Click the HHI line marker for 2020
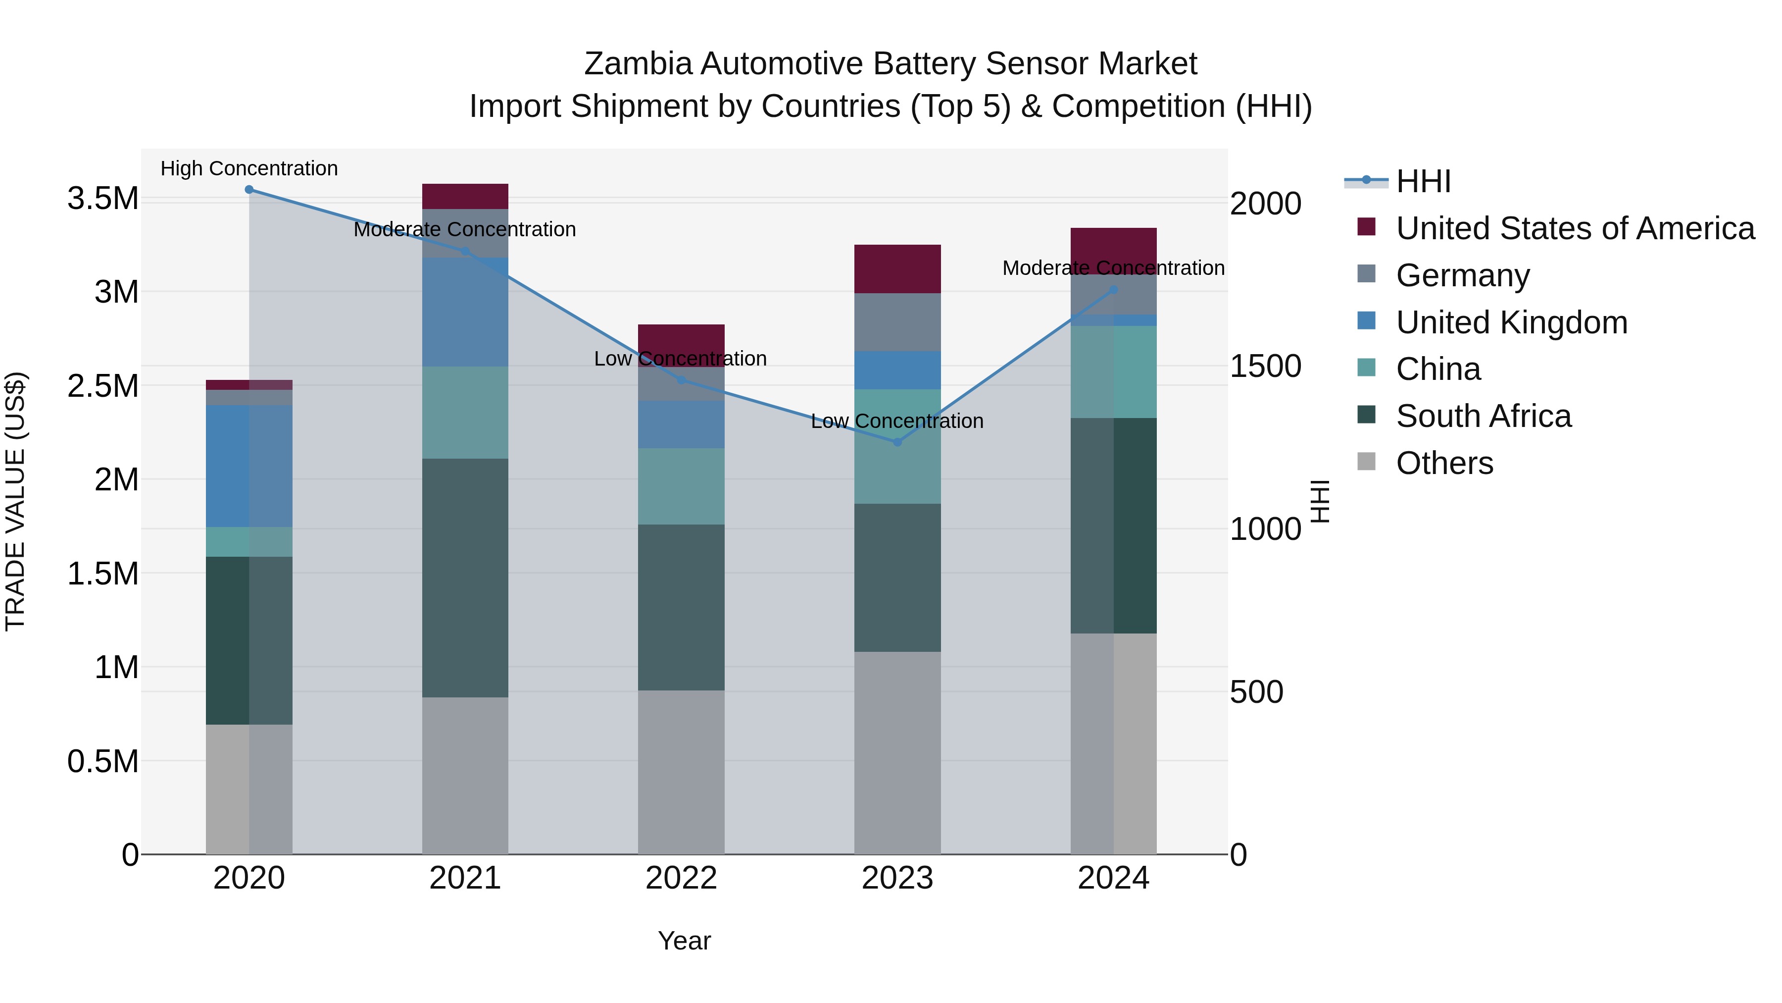pos(249,190)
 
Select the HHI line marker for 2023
pos(897,442)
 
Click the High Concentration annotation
pos(249,169)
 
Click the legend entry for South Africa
pos(1483,416)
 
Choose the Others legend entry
pos(1444,463)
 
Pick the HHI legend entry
pos(1423,181)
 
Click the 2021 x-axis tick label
pos(465,878)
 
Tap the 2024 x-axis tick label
pos(1113,878)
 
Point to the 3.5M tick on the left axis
pos(102,199)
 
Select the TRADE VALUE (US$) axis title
pos(15,501)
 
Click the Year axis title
pos(684,941)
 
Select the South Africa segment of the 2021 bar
pos(465,578)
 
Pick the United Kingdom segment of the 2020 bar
pos(249,466)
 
